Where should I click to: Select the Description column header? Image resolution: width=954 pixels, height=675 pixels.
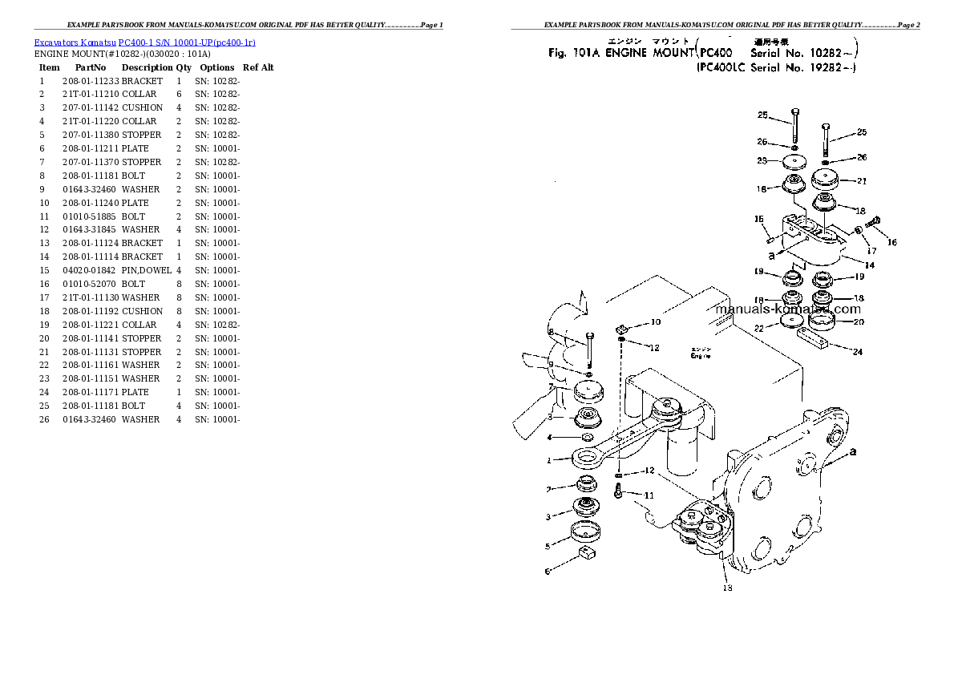click(x=147, y=67)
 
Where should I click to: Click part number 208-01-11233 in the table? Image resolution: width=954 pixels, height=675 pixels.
click(x=91, y=81)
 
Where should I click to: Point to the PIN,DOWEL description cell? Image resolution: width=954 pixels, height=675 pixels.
click(x=147, y=270)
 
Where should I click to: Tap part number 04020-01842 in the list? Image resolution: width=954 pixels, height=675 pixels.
click(x=91, y=270)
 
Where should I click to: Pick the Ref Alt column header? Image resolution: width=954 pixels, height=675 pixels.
click(x=258, y=67)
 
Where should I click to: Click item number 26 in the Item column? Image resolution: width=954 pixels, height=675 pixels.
click(x=43, y=419)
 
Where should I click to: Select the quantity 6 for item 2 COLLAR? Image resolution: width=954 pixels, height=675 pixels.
click(x=179, y=94)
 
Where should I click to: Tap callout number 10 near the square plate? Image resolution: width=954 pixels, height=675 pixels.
click(x=655, y=322)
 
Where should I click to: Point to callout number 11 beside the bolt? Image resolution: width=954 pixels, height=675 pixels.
click(x=649, y=495)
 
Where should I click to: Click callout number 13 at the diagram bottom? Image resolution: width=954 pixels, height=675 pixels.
click(x=727, y=588)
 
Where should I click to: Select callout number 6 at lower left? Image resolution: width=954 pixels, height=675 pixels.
click(x=548, y=572)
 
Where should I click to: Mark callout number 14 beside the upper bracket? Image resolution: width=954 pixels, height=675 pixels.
click(x=870, y=264)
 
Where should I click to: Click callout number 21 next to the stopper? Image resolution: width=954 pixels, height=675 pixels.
click(x=862, y=181)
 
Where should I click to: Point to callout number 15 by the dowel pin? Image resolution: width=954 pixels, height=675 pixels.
click(x=758, y=219)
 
